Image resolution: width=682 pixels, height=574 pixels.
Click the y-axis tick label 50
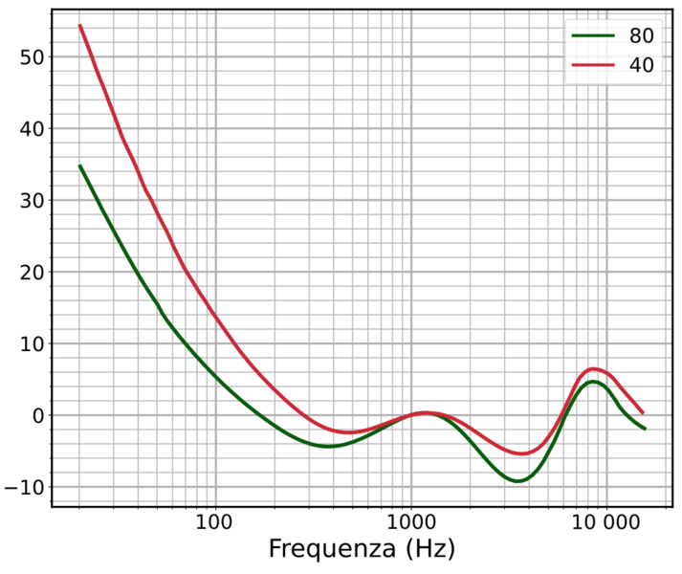pyautogui.click(x=31, y=57)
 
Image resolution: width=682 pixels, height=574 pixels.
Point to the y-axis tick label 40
pyautogui.click(x=31, y=129)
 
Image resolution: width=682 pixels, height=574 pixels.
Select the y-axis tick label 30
pyautogui.click(x=31, y=201)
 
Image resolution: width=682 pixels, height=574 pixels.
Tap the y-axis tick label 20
pyautogui.click(x=31, y=273)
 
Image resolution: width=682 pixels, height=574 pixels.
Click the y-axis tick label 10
pyautogui.click(x=31, y=344)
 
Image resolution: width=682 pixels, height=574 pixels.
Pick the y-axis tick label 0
pyautogui.click(x=37, y=416)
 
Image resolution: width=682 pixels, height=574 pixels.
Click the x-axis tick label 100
pyautogui.click(x=214, y=523)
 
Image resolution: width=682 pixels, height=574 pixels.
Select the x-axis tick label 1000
pyautogui.click(x=411, y=523)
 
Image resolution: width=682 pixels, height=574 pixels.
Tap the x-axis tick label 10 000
pyautogui.click(x=606, y=523)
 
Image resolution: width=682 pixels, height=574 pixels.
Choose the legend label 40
pyautogui.click(x=640, y=66)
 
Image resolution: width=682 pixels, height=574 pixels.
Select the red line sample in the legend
pyautogui.click(x=594, y=66)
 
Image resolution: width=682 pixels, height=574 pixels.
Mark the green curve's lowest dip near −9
pyautogui.click(x=517, y=480)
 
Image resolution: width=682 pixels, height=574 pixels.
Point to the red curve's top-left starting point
pyautogui.click(x=79, y=26)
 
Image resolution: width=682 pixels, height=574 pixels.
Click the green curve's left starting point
pyautogui.click(x=79, y=166)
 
